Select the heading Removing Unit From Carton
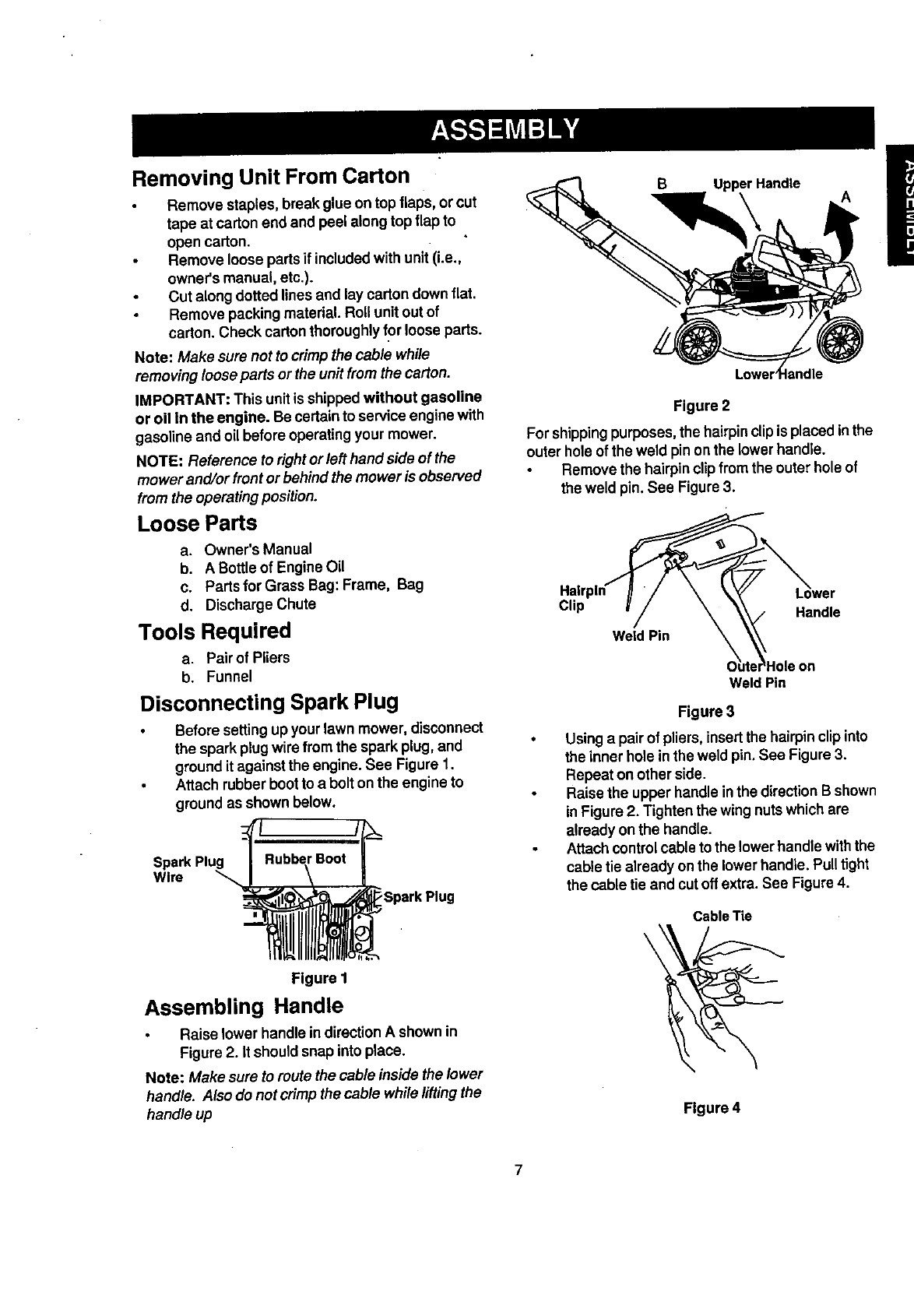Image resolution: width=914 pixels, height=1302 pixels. [x=271, y=176]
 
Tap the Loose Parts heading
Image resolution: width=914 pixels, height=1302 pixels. [x=197, y=523]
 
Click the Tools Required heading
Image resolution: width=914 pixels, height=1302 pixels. [x=214, y=631]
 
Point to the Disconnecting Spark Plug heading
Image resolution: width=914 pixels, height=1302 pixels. [x=269, y=702]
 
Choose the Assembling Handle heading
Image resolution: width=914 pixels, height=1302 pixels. [x=244, y=1006]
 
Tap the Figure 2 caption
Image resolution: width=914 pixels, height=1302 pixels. [x=701, y=406]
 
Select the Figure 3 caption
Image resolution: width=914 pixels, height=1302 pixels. [x=706, y=712]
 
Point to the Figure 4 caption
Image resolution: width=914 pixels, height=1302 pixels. [x=712, y=1108]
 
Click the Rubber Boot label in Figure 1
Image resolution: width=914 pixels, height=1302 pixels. [x=305, y=859]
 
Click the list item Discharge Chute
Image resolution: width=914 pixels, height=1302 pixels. [x=260, y=604]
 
